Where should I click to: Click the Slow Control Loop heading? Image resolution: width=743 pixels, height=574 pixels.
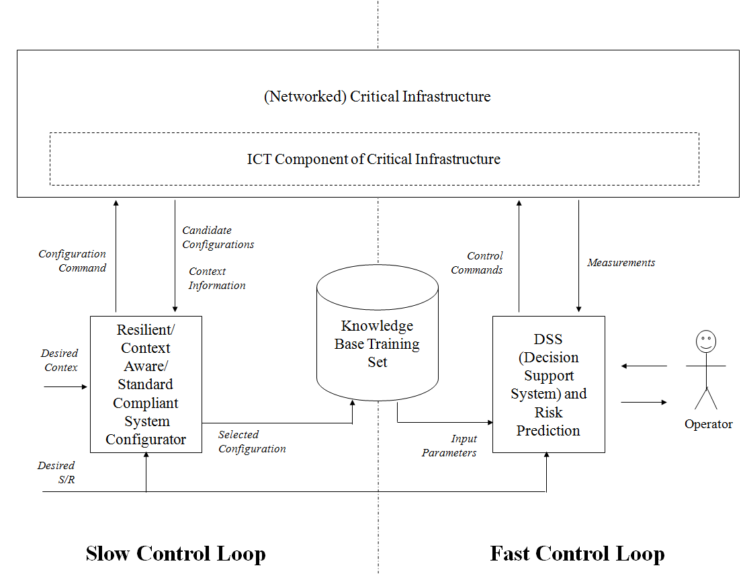pos(175,554)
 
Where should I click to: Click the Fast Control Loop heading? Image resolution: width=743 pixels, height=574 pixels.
pos(577,554)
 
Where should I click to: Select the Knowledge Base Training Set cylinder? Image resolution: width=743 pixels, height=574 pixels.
pos(377,343)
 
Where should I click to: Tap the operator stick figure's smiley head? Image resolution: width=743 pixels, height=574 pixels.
pos(705,342)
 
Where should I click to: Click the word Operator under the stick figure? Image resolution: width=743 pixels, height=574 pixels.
pos(708,424)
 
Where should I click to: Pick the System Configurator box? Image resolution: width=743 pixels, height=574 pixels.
pos(146,384)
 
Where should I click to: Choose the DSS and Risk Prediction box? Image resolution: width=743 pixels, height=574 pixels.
pos(548,384)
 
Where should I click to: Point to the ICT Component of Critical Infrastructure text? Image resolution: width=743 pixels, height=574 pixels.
pos(374,159)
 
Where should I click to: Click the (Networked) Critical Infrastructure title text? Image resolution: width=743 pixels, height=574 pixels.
pos(377,97)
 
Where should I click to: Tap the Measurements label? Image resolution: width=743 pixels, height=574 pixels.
pos(621,263)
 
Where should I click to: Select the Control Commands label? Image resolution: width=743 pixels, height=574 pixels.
pos(477,263)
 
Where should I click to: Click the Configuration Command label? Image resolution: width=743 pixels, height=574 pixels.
pos(73,261)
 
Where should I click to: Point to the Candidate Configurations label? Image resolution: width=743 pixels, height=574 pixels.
pos(218,237)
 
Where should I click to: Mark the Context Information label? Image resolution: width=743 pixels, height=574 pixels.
pos(216,278)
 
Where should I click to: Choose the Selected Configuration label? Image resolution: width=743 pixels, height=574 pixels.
pos(252,442)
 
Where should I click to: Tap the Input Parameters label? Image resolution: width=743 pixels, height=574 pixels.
pos(449,446)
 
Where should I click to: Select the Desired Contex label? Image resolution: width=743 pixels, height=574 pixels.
pos(60,360)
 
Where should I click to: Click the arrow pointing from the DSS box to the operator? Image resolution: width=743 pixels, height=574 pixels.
pos(644,402)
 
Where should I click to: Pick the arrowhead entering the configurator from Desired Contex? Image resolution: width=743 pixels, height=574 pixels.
pos(85,386)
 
